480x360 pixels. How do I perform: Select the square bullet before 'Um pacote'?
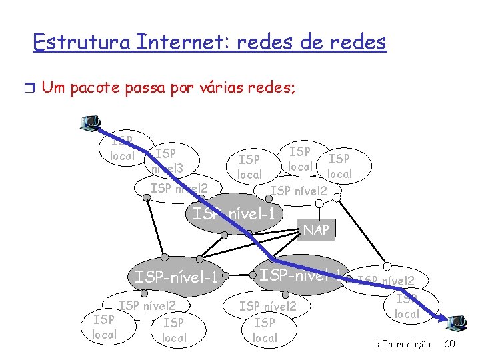pos(27,88)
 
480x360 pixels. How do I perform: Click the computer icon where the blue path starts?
pos(89,122)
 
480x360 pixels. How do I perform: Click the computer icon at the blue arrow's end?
pos(458,323)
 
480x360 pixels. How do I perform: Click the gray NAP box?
pos(316,230)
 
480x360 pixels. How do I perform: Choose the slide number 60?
pos(449,344)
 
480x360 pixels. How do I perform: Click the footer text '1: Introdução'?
pos(401,344)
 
